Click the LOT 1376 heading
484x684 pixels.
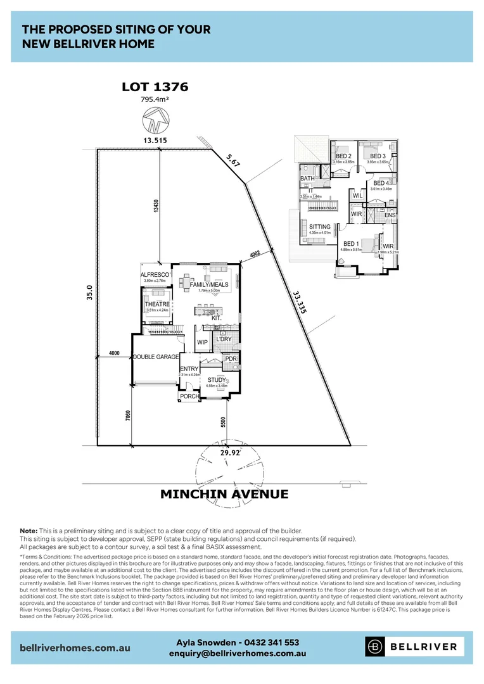coord(155,87)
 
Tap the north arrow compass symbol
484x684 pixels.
coord(155,120)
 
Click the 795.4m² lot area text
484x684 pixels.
coord(155,99)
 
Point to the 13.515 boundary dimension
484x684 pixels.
coord(155,140)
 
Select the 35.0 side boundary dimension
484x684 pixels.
coord(90,296)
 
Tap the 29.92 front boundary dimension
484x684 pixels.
coord(229,453)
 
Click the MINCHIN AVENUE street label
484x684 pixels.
coord(224,494)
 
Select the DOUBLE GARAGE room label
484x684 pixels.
coord(156,357)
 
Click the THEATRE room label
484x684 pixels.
coord(157,304)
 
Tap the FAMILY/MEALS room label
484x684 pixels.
coord(209,285)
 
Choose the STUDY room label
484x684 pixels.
coord(217,380)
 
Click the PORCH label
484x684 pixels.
coord(189,396)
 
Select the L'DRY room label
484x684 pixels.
coord(224,339)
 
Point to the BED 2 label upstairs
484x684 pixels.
coord(343,156)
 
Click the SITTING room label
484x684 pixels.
coord(320,227)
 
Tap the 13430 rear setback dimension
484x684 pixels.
coord(156,208)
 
